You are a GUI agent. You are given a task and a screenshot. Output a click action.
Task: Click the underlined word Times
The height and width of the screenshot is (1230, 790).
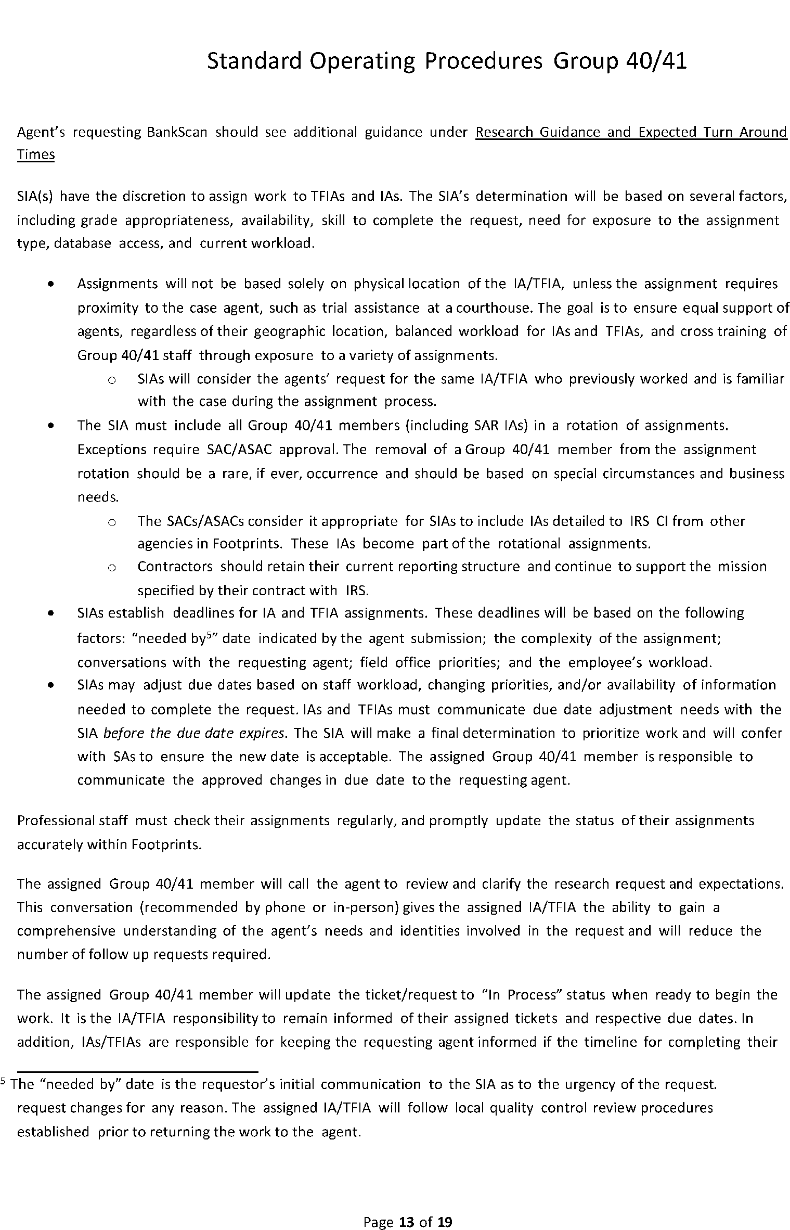[x=36, y=155]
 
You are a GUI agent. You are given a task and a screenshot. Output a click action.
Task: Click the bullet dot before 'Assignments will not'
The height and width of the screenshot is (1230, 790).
[x=50, y=285]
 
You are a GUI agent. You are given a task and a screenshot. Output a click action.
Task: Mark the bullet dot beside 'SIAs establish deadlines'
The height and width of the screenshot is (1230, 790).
[x=50, y=613]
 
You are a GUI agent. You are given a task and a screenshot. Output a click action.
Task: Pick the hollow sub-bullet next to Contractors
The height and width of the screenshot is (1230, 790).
[x=111, y=568]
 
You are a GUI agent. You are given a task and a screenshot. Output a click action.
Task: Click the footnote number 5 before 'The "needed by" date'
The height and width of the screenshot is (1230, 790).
[x=4, y=1083]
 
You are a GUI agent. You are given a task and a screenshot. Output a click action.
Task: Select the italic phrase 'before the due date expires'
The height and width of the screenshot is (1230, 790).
[x=194, y=733]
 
